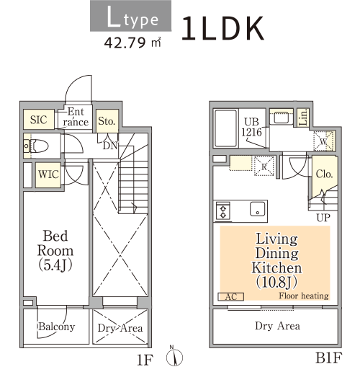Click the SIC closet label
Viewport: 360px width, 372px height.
tap(38, 120)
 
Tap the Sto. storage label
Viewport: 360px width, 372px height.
tap(107, 121)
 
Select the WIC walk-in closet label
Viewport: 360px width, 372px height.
tap(48, 174)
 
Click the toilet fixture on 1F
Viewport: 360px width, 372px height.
tap(38, 146)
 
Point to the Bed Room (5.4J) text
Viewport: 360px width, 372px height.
tap(55, 251)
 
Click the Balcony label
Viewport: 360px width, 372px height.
tap(57, 327)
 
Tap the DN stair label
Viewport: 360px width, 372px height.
tap(110, 146)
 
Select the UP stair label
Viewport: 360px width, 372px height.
tap(323, 218)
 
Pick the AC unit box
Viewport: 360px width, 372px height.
tap(230, 297)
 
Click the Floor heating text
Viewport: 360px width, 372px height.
tap(304, 296)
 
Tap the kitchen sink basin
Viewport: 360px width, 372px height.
tap(258, 209)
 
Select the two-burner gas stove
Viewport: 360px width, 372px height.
tap(223, 211)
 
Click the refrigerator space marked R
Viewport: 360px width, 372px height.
tap(264, 166)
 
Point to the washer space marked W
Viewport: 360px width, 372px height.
tap(323, 141)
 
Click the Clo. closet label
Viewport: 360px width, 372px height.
tap(324, 174)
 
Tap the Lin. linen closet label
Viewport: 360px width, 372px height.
tap(304, 118)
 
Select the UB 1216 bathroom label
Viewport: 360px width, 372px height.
tap(251, 127)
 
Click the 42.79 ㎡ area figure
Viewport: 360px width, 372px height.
tap(132, 43)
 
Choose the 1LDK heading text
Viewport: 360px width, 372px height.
tap(222, 29)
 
